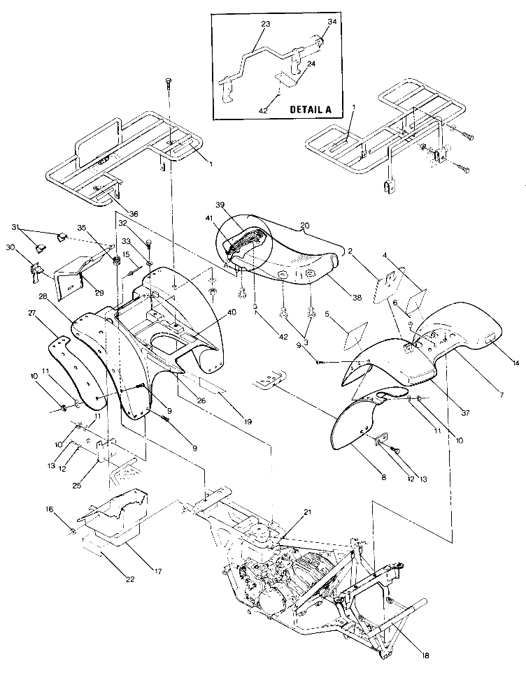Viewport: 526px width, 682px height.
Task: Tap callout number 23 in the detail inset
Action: click(265, 24)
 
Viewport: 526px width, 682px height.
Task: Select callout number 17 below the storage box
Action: click(158, 571)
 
